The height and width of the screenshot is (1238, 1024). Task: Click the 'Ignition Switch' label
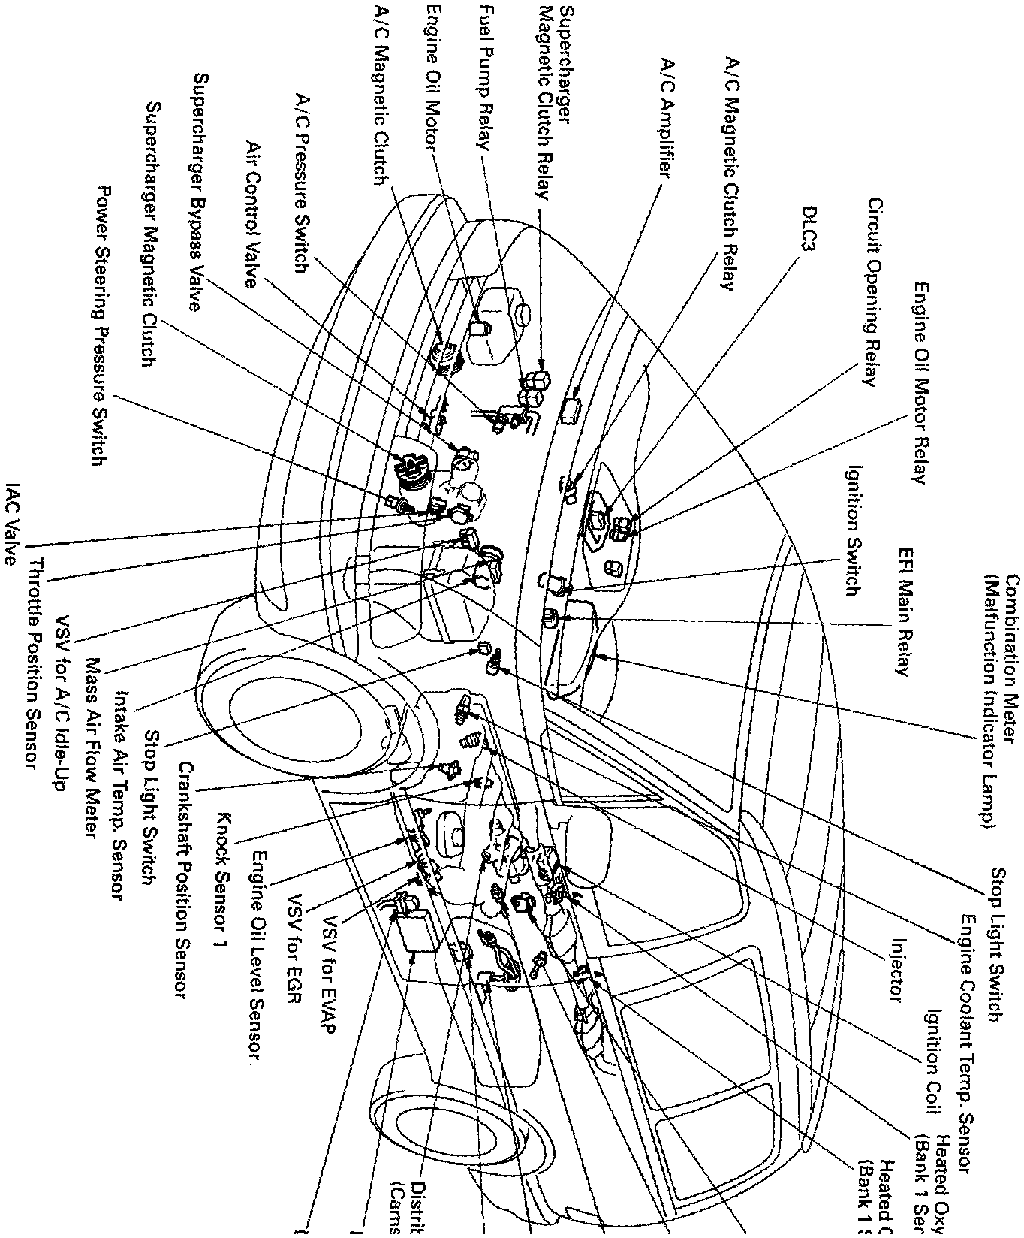coord(851,530)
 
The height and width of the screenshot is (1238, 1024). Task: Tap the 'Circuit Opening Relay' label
coord(875,293)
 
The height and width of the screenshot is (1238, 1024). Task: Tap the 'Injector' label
coord(894,969)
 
